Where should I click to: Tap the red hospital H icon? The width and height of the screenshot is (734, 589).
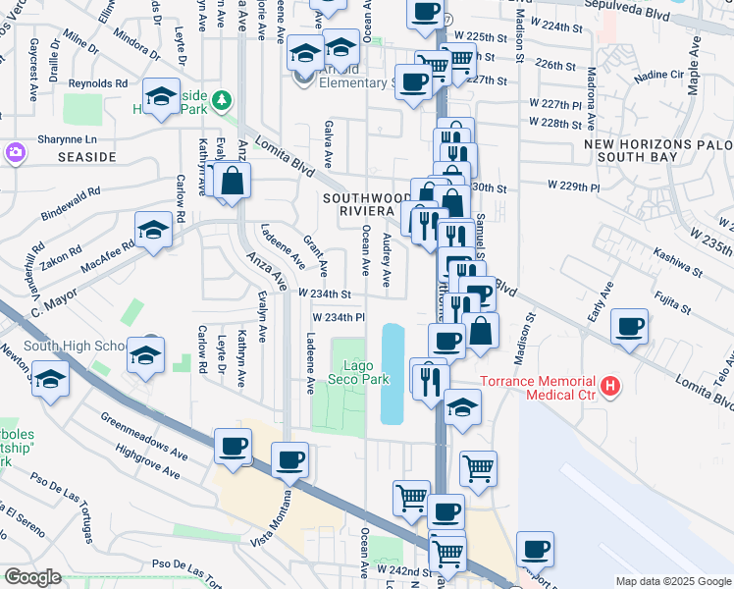coord(610,387)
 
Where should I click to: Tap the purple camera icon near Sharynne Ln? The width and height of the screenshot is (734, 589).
coord(15,152)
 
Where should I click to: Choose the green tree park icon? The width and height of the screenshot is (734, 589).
coord(223,100)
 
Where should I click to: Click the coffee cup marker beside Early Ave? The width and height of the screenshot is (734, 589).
coord(629,326)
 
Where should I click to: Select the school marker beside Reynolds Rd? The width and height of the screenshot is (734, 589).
coord(160,96)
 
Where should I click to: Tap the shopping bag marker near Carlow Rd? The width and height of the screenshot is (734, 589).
coord(234,182)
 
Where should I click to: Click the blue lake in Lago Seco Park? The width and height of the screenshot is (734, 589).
coord(393,373)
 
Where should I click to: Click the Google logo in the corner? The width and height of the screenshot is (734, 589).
coord(32,577)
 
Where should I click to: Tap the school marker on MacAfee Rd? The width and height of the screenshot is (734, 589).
coord(153,230)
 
